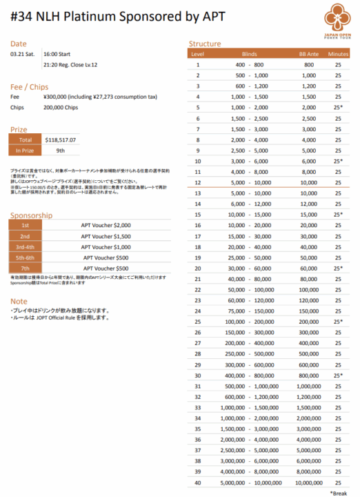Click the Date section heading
tap(19, 43)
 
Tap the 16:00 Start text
tap(61, 53)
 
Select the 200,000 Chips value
tap(63, 108)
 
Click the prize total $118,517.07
tap(61, 139)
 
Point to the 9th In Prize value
tap(61, 150)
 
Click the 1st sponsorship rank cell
tap(25, 225)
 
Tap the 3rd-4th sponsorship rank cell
tap(25, 246)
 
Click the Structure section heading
tap(205, 43)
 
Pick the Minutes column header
tap(339, 54)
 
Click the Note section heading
tap(19, 302)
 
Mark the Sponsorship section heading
tap(31, 215)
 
